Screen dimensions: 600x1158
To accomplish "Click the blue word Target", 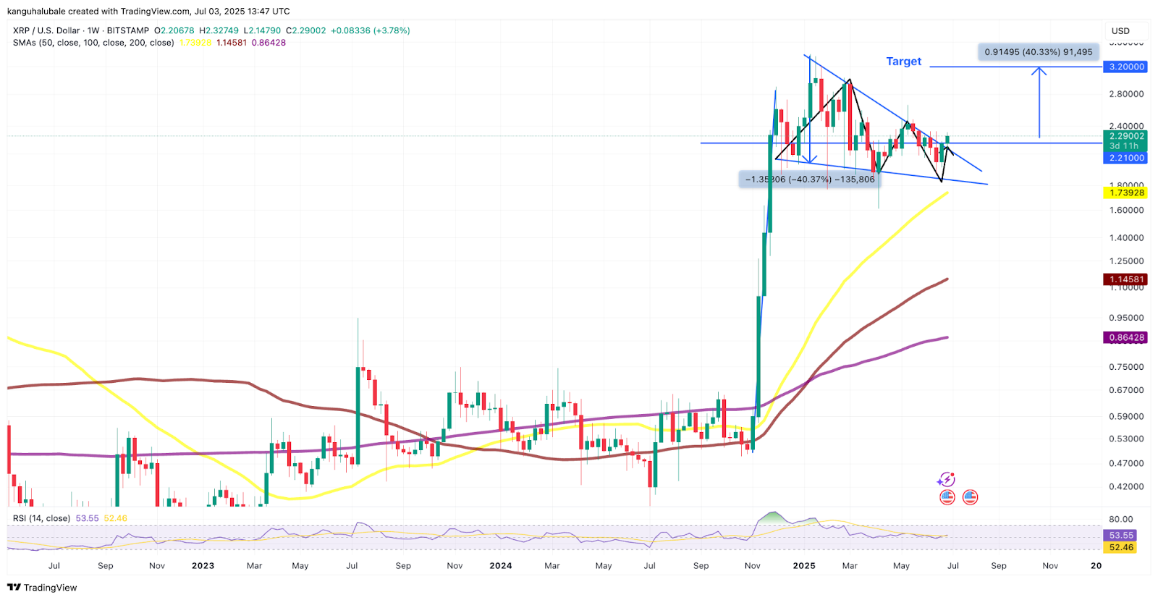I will click(903, 62).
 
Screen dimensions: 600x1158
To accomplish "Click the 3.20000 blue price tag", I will click(1127, 67).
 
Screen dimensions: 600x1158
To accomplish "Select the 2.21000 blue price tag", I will click(1127, 158).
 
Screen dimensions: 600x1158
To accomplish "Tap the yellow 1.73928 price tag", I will click(1127, 193).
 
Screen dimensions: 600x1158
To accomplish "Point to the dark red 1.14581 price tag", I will click(1127, 279).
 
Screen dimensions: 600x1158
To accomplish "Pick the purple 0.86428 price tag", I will click(1127, 338).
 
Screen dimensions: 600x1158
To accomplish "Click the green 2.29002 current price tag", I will click(1127, 136).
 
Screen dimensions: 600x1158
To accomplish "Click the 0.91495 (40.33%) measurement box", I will click(1038, 52).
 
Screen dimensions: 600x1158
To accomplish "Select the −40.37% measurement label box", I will click(809, 179).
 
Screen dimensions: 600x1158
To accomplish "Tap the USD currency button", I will click(1120, 31).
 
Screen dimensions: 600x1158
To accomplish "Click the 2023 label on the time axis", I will click(203, 566).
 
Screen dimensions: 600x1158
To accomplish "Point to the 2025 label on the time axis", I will click(804, 566).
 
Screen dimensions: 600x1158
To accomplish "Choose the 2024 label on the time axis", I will click(500, 566).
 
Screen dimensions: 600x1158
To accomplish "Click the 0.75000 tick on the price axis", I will click(1126, 367).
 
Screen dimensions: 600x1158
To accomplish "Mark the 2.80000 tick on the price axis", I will click(1126, 94).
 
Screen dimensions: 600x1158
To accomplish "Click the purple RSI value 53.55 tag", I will click(1121, 536).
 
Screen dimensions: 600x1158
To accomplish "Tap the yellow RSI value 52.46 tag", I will click(1121, 547).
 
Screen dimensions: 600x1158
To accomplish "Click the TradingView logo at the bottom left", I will click(42, 588).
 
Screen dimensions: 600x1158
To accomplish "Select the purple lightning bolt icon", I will click(946, 480).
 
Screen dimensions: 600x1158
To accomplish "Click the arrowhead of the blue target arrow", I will click(1039, 70).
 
